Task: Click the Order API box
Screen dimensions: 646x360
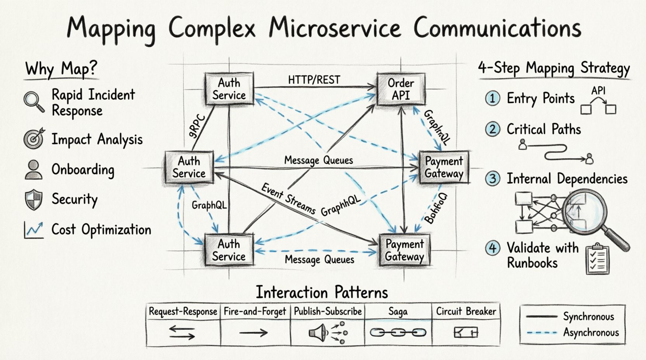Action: click(401, 89)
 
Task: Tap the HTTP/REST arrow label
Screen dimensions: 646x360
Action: click(314, 80)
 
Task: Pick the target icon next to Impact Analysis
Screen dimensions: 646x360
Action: click(34, 139)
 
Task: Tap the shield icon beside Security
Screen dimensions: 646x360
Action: click(33, 200)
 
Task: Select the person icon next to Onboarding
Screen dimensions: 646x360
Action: click(33, 170)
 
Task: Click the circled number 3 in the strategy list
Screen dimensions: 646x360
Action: click(493, 179)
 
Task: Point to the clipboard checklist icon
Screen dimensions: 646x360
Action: click(597, 259)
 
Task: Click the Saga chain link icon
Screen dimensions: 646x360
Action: click(398, 332)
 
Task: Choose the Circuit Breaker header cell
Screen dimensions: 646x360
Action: click(465, 312)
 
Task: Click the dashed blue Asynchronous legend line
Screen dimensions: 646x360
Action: click(542, 332)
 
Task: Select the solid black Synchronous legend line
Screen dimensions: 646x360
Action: click(542, 317)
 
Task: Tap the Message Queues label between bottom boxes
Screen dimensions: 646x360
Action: click(319, 260)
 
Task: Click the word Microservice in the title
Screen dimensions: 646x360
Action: click(334, 28)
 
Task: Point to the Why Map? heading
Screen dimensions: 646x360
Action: click(61, 69)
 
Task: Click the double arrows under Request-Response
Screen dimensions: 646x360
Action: click(182, 332)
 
